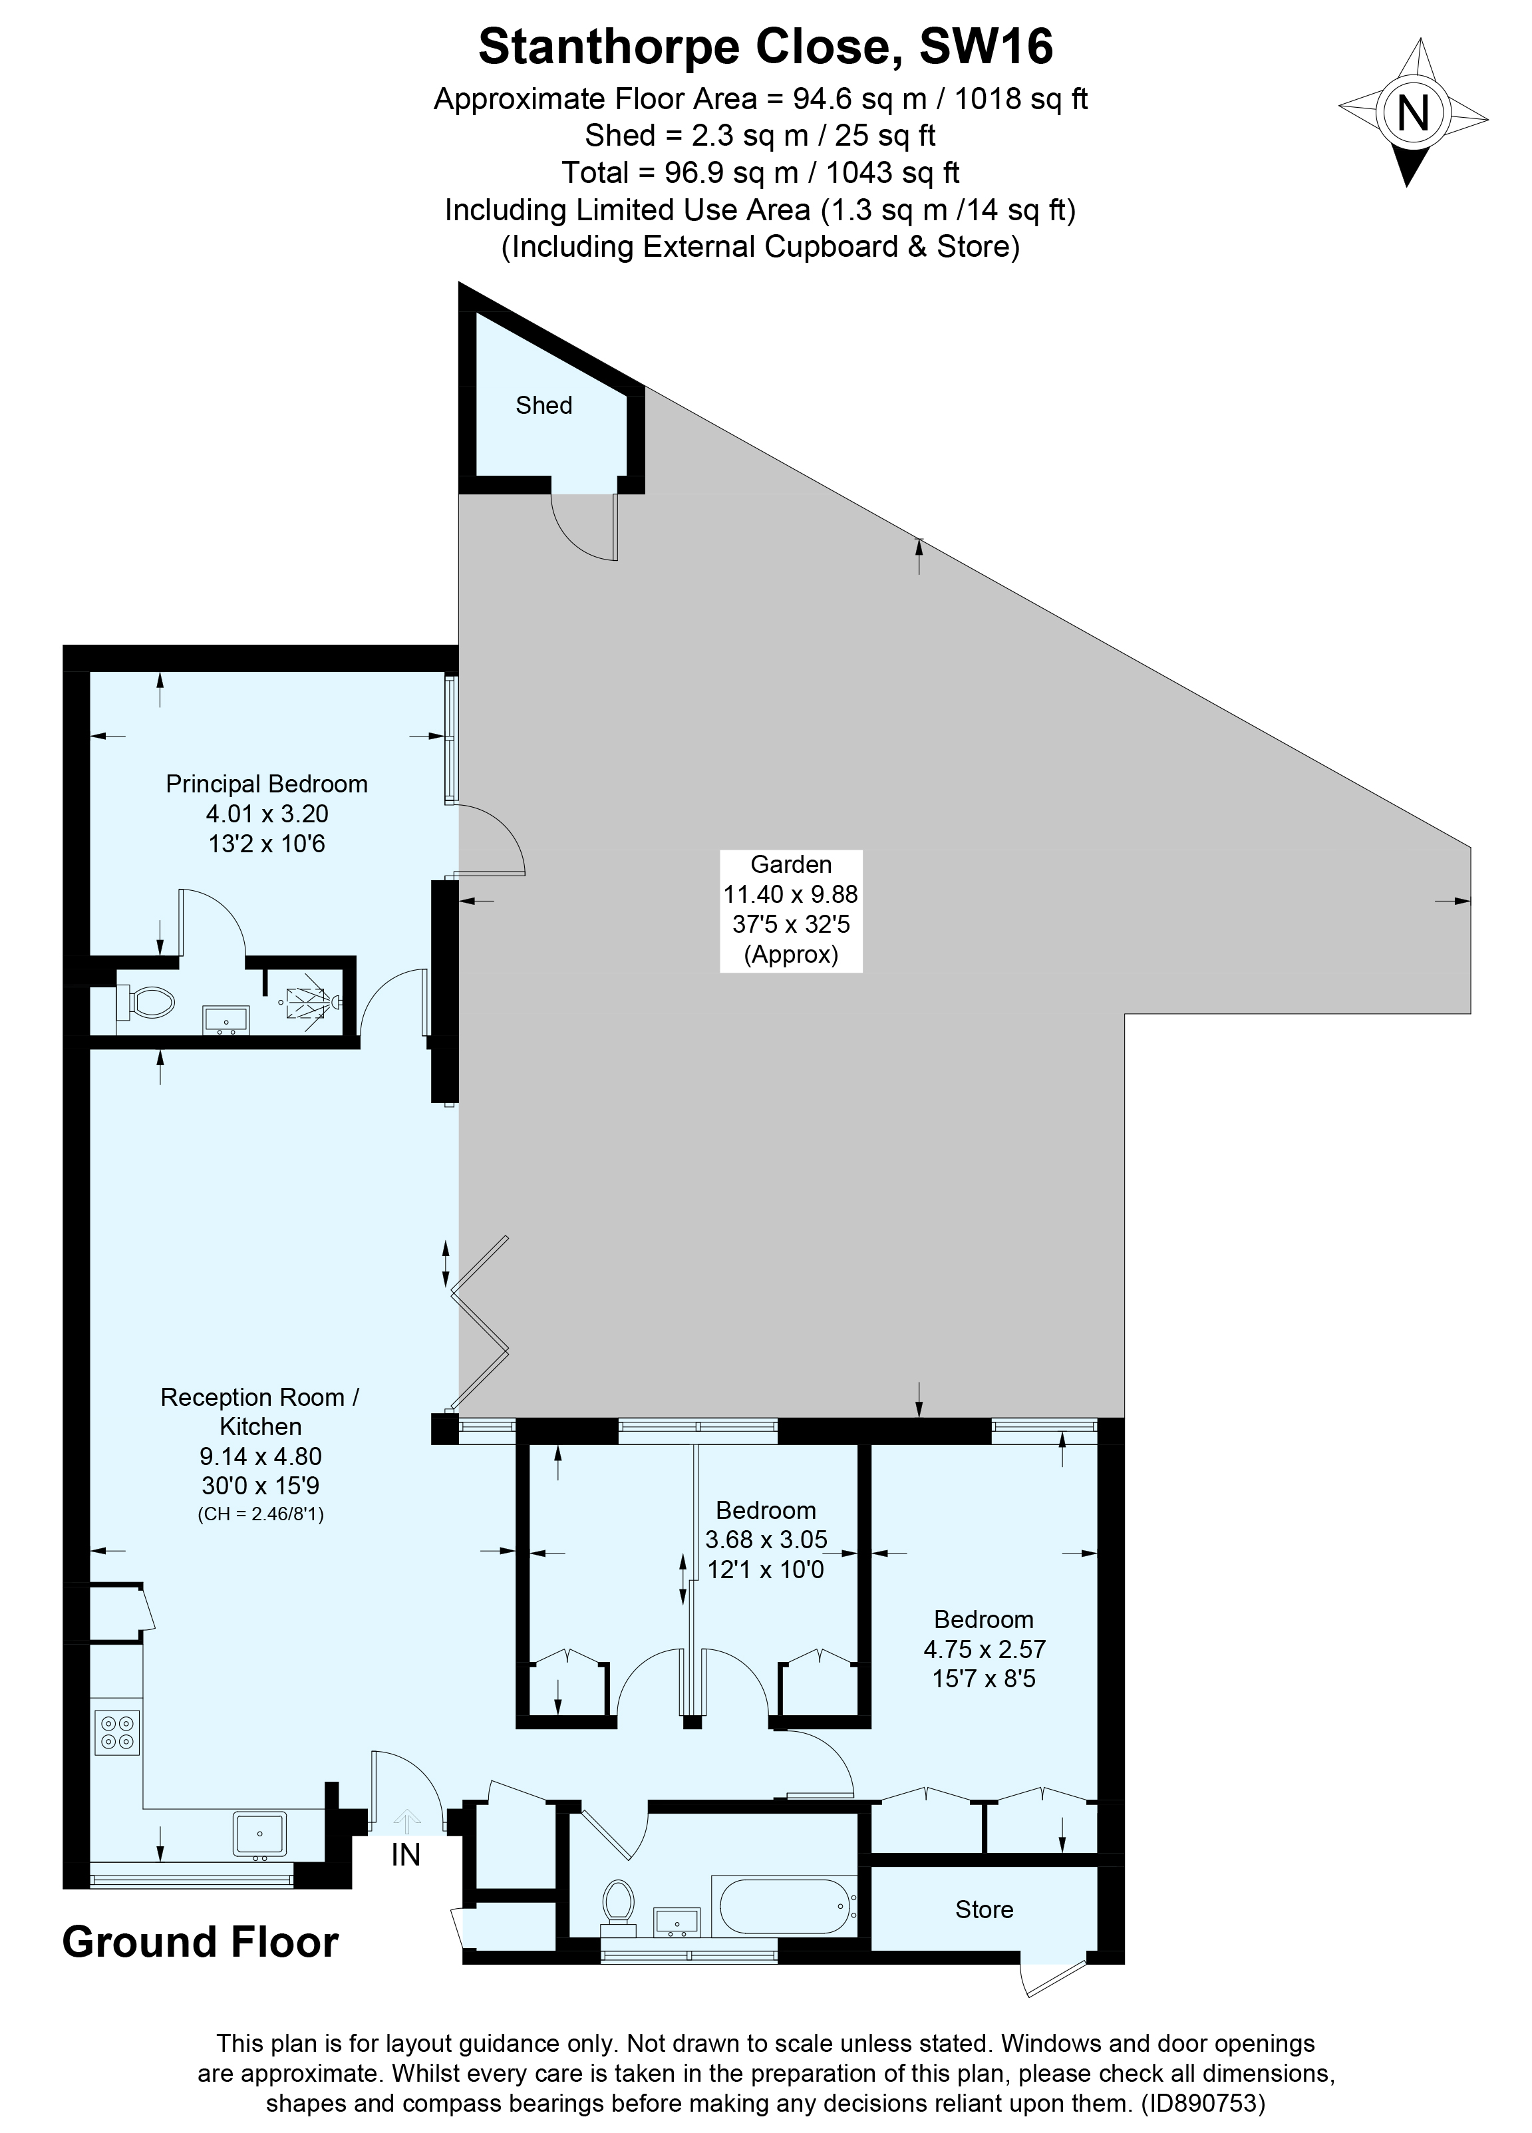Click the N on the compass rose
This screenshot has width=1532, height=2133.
(1412, 114)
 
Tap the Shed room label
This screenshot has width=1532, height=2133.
(543, 405)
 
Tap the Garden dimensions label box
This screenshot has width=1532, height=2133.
(790, 909)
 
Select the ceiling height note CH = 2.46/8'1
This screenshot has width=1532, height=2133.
(261, 1514)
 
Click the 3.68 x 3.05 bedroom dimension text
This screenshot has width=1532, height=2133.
(766, 1540)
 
